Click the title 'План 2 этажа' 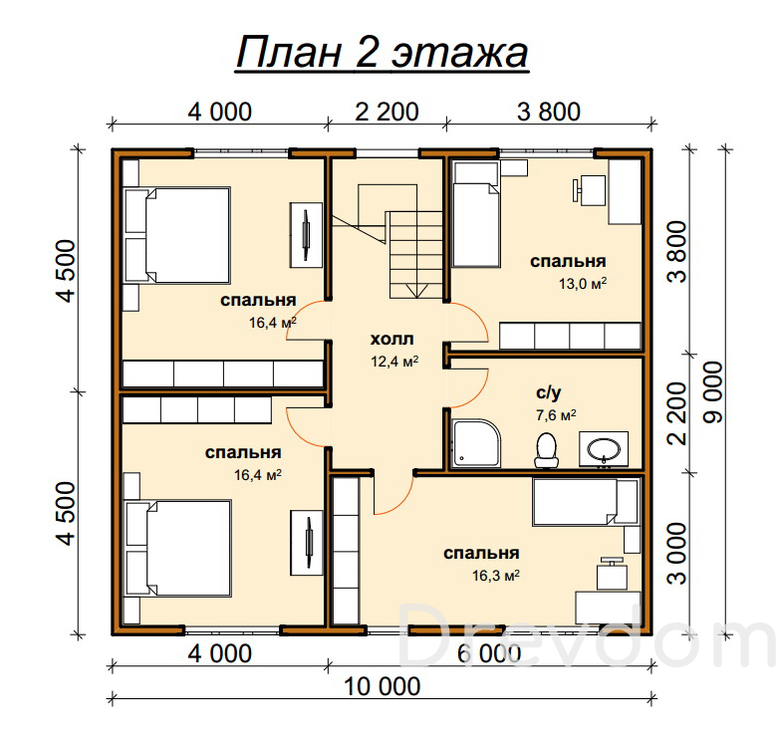pyautogui.click(x=382, y=53)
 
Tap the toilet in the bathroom pyautogui.click(x=546, y=450)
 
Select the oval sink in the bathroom pyautogui.click(x=604, y=449)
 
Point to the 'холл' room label pyautogui.click(x=391, y=340)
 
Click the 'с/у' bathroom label pyautogui.click(x=549, y=392)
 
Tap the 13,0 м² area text pyautogui.click(x=583, y=284)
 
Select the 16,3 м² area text pyautogui.click(x=496, y=575)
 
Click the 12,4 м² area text pyautogui.click(x=394, y=362)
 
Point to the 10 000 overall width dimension pyautogui.click(x=383, y=686)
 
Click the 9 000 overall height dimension pyautogui.click(x=714, y=392)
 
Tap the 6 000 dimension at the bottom pyautogui.click(x=489, y=653)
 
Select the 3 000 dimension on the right pyautogui.click(x=677, y=554)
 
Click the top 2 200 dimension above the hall pyautogui.click(x=388, y=112)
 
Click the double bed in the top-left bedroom pyautogui.click(x=177, y=235)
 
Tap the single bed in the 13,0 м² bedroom pyautogui.click(x=476, y=214)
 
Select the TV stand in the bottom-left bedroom pyautogui.click(x=307, y=543)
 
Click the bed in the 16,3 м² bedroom pyautogui.click(x=585, y=502)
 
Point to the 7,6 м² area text pyautogui.click(x=556, y=414)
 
